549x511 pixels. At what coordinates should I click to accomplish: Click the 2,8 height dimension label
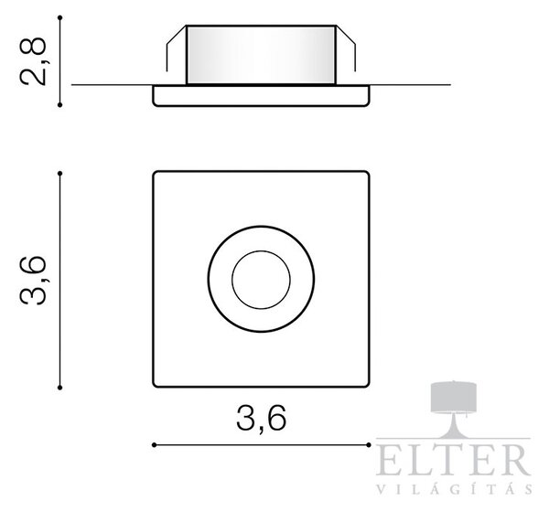(x=34, y=61)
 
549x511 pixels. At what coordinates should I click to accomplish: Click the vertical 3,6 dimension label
(x=34, y=280)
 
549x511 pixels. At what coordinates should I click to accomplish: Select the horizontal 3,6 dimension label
(x=261, y=419)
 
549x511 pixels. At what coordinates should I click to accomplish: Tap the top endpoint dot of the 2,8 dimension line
(x=59, y=17)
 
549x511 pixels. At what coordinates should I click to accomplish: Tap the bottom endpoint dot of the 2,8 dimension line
(x=59, y=104)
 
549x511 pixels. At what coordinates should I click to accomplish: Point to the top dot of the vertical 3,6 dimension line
(x=59, y=173)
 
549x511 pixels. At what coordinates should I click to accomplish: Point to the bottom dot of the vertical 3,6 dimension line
(x=59, y=388)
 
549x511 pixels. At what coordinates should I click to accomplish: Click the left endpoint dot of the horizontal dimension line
(x=154, y=445)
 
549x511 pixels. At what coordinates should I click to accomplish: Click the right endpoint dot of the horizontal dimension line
(x=369, y=445)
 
